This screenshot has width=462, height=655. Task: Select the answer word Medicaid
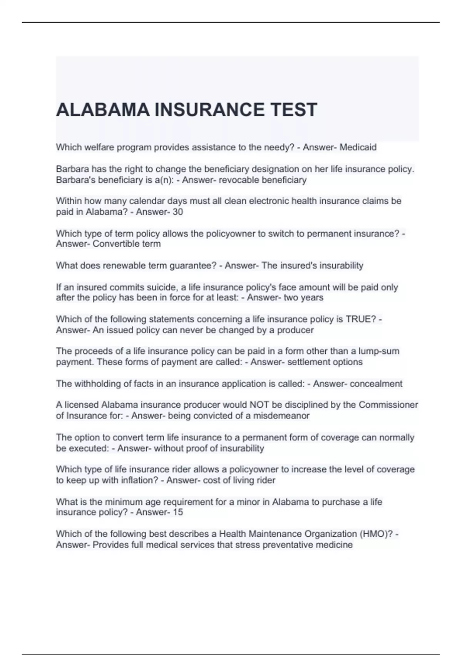[358, 147]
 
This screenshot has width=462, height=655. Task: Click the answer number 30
[177, 212]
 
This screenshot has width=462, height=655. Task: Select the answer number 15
[177, 512]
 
